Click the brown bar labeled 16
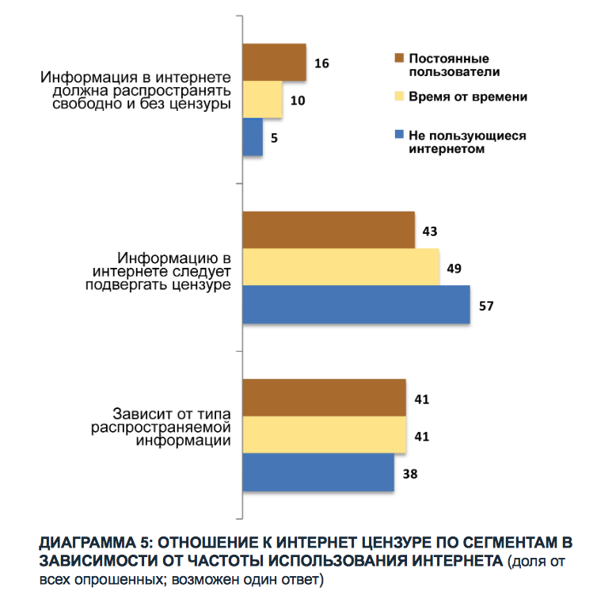[274, 63]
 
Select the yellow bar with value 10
[262, 100]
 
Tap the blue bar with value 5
[252, 136]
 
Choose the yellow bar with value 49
[340, 267]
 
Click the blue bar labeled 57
[356, 304]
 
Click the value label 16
[321, 63]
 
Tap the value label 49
[454, 268]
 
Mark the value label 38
[409, 474]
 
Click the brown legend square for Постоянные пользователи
[400, 59]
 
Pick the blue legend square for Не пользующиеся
[400, 135]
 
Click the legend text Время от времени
[468, 96]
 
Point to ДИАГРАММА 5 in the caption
[88, 543]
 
